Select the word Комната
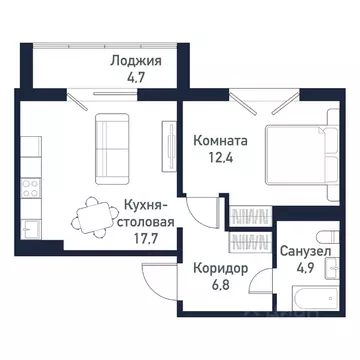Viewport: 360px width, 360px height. (x=221, y=141)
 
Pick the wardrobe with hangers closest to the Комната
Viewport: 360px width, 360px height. (x=247, y=214)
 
